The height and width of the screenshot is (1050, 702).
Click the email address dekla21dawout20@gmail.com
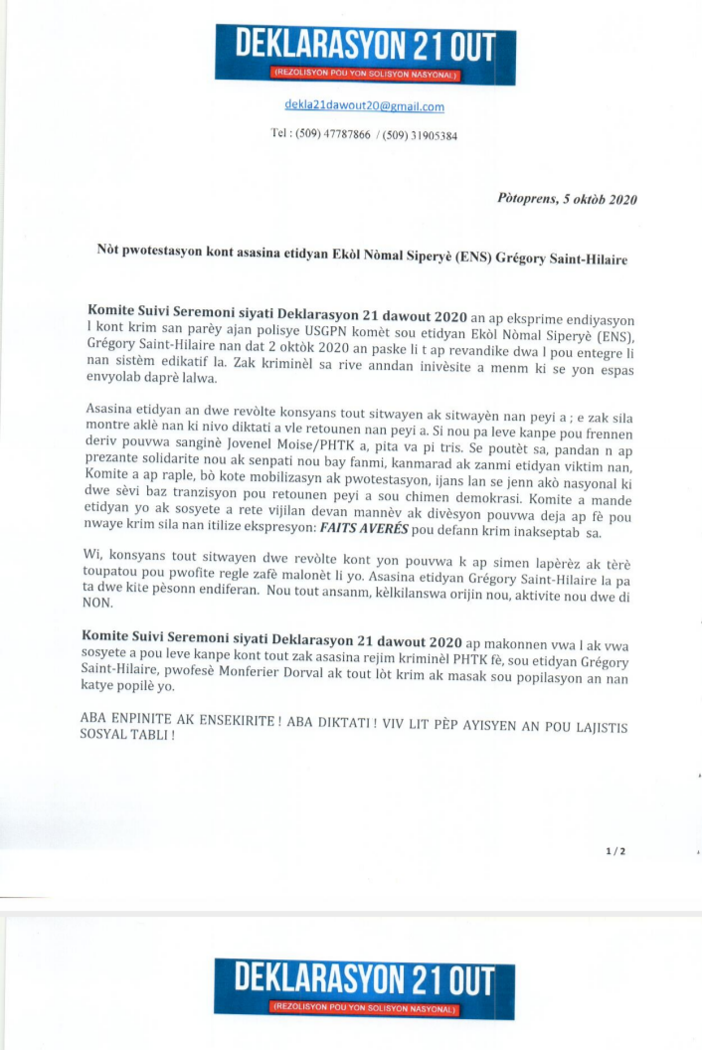pyautogui.click(x=364, y=106)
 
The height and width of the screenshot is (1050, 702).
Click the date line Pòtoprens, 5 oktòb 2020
pyautogui.click(x=566, y=199)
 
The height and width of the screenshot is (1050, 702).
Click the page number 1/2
pyautogui.click(x=615, y=851)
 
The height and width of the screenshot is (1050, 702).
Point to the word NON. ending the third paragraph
pyautogui.click(x=100, y=603)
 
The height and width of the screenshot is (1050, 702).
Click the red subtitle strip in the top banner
pyautogui.click(x=364, y=74)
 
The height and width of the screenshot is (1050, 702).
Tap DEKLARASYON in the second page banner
pyautogui.click(x=318, y=980)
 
